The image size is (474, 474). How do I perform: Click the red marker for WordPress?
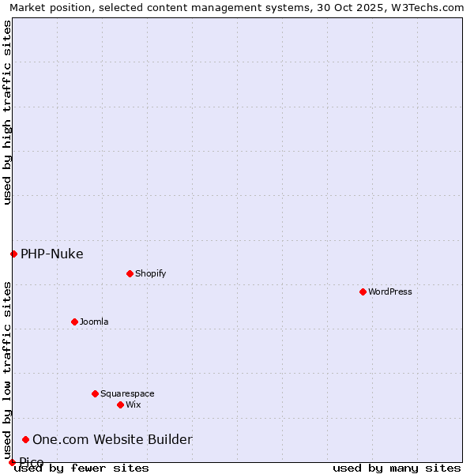click(x=363, y=292)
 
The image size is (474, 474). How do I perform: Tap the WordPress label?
click(x=390, y=292)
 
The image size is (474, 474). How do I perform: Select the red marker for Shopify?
click(x=130, y=273)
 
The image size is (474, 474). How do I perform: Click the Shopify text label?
click(x=151, y=273)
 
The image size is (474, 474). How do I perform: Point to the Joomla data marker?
click(x=74, y=322)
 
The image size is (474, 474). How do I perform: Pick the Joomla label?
click(x=94, y=322)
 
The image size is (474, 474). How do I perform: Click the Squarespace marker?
click(x=95, y=393)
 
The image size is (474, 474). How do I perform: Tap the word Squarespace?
click(x=127, y=393)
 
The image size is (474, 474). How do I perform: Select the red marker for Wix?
click(x=120, y=404)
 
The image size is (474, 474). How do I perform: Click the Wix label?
click(x=134, y=404)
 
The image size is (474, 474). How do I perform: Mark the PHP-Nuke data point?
click(x=13, y=254)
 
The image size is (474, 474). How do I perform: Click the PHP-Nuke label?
click(x=52, y=254)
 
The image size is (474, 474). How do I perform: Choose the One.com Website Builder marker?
click(x=25, y=439)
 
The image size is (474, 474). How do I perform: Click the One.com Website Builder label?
click(x=112, y=439)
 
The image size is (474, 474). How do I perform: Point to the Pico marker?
click(x=12, y=462)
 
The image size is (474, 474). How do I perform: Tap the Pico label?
click(x=32, y=462)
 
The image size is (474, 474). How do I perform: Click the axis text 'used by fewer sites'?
click(x=81, y=468)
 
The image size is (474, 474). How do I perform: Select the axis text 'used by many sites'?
click(x=397, y=468)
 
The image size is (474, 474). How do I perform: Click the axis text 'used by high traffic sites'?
click(x=7, y=112)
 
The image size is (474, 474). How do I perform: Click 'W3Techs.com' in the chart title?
click(x=423, y=7)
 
